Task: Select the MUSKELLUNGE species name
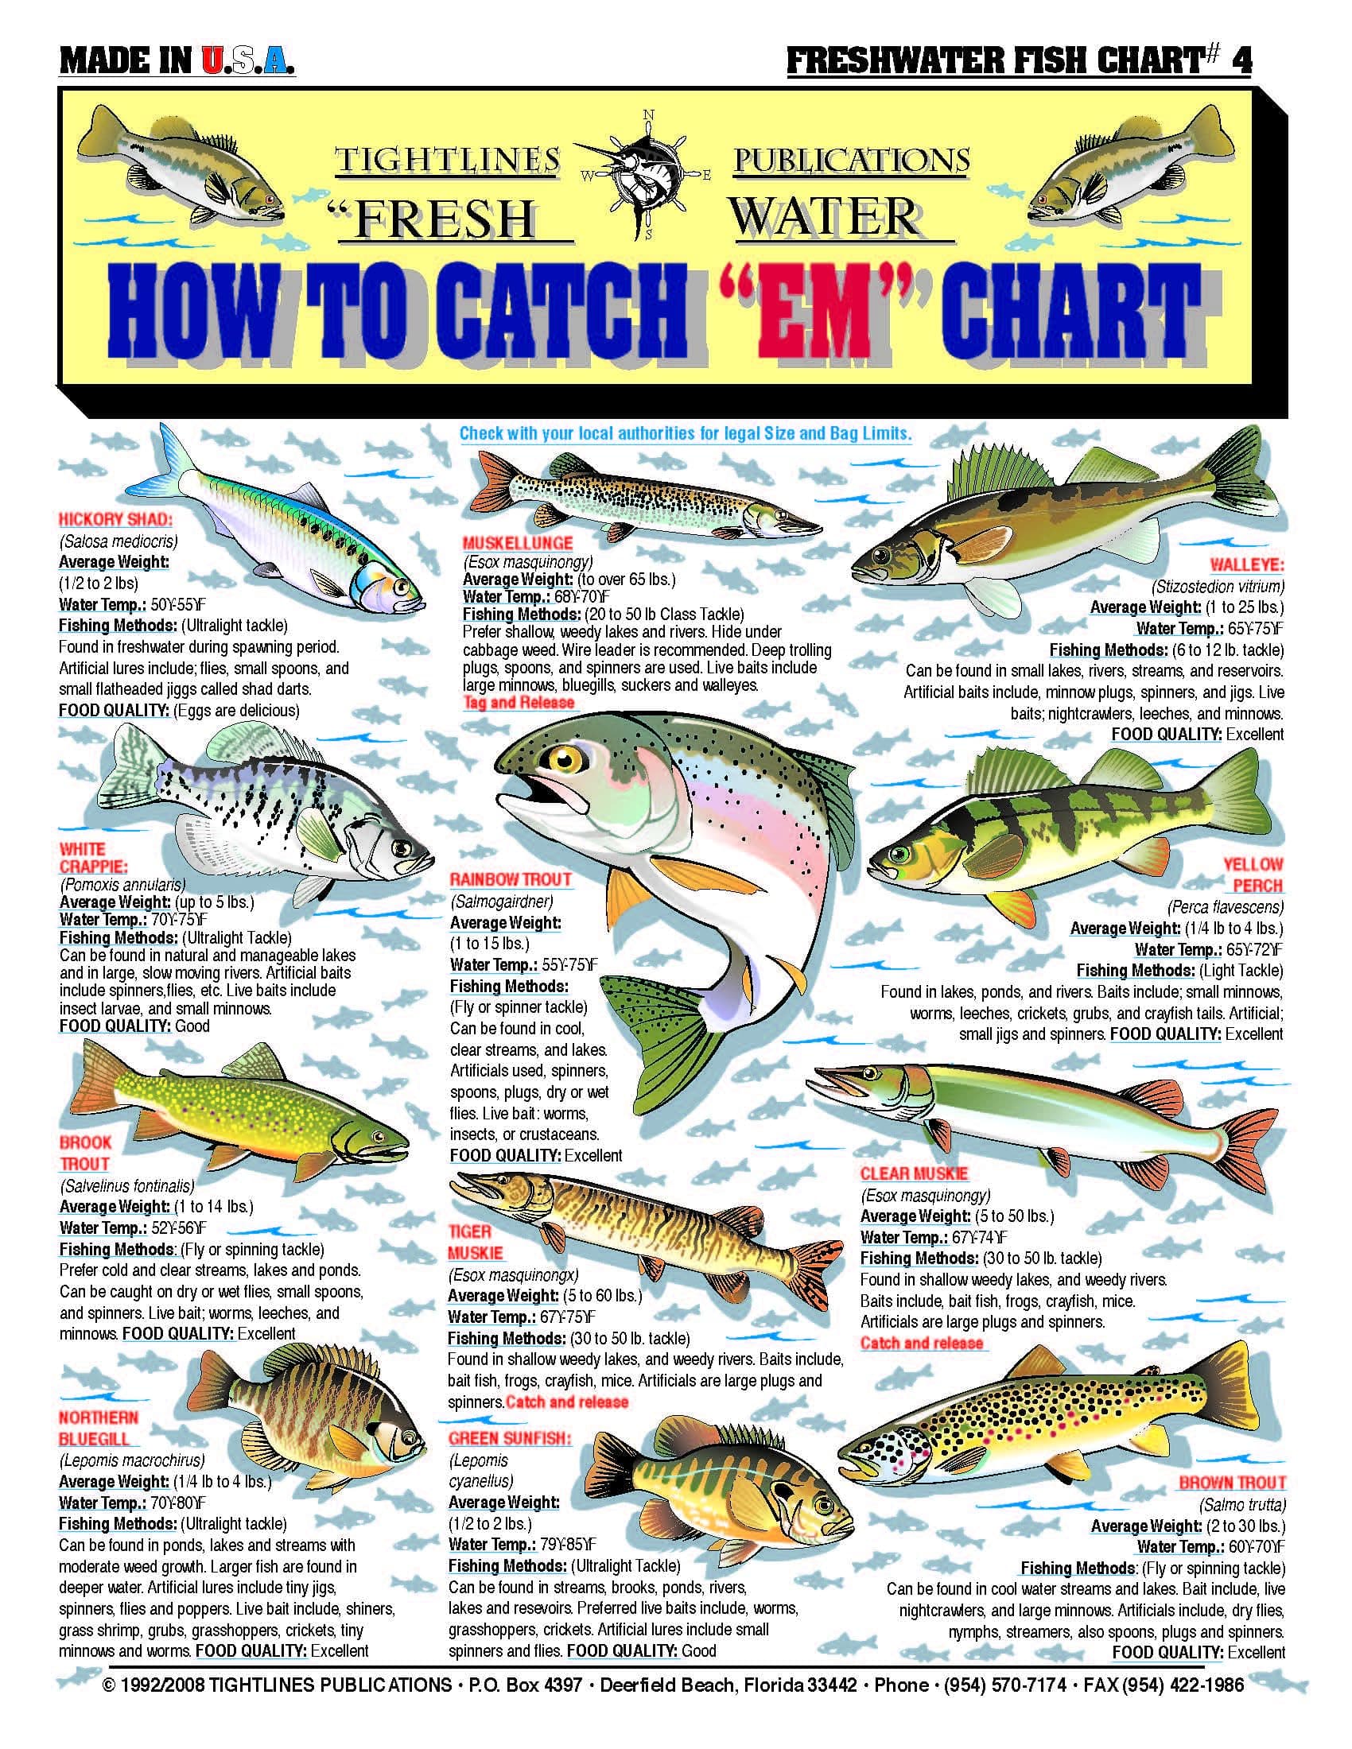click(x=518, y=543)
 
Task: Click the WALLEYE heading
click(x=1246, y=564)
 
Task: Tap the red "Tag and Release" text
click(x=519, y=702)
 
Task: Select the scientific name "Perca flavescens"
click(x=1225, y=907)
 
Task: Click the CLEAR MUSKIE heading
click(x=914, y=1174)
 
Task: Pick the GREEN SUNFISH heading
click(x=511, y=1439)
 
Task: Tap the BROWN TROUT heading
click(x=1232, y=1483)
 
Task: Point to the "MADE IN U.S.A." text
click(x=177, y=63)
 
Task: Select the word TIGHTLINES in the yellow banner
click(x=446, y=160)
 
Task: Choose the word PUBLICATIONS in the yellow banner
click(x=852, y=160)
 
